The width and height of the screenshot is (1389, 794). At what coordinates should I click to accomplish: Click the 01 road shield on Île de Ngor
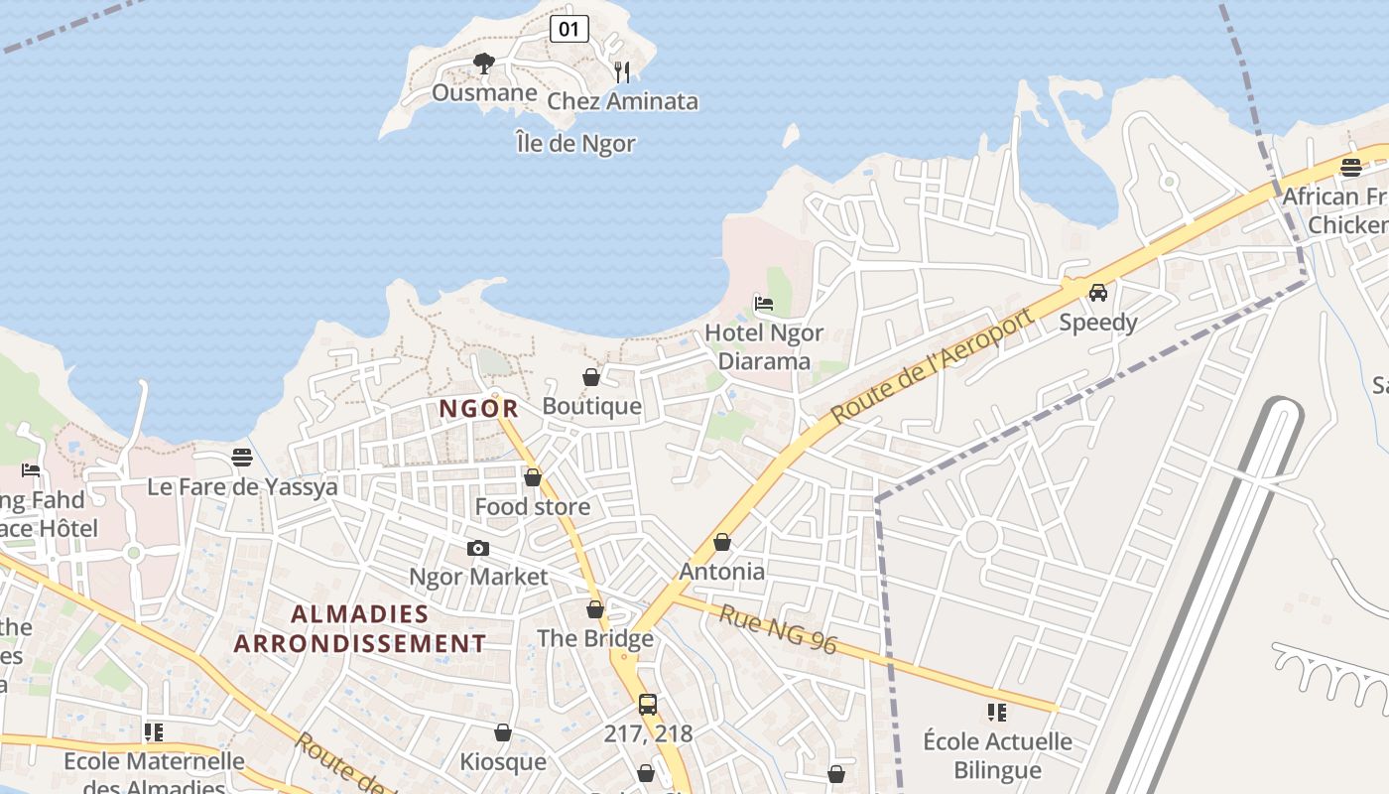(x=568, y=29)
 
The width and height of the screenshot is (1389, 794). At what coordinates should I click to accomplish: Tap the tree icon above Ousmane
(x=483, y=65)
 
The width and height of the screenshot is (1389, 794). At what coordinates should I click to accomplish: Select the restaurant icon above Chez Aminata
(x=622, y=71)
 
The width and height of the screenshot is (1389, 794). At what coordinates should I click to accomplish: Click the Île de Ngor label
(x=575, y=143)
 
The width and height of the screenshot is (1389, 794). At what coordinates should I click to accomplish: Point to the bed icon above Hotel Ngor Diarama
(x=764, y=304)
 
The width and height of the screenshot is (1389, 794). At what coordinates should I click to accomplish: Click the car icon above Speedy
(x=1098, y=293)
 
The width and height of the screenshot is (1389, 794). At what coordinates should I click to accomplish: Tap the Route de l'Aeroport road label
(x=932, y=365)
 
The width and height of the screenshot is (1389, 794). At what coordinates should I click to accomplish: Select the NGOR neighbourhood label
(x=479, y=408)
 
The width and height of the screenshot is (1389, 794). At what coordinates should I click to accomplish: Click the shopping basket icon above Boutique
(x=591, y=377)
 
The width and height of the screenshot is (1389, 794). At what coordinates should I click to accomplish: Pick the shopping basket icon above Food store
(x=533, y=477)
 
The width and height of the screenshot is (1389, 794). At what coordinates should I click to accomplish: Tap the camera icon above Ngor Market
(x=478, y=548)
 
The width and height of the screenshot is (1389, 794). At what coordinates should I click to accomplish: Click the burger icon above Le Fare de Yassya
(x=242, y=458)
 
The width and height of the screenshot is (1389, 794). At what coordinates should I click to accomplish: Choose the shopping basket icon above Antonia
(x=722, y=542)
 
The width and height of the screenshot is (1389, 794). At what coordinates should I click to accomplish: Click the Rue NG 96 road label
(x=778, y=630)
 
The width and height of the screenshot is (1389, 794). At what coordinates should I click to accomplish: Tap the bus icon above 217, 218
(x=648, y=705)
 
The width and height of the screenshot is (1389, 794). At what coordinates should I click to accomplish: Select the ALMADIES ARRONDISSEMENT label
(x=360, y=628)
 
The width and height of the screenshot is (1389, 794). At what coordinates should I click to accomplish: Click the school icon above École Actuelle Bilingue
(x=997, y=712)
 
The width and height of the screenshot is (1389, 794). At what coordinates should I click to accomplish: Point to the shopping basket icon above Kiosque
(x=503, y=732)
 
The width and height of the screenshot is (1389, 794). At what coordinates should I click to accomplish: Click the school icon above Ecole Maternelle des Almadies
(x=154, y=732)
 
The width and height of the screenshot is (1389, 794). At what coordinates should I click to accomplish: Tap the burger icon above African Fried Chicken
(x=1350, y=167)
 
